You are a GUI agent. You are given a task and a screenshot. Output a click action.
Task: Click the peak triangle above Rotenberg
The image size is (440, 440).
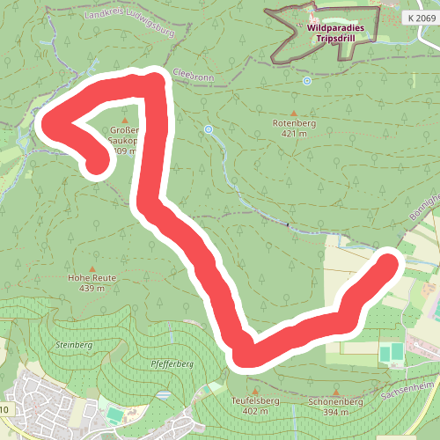[293, 114]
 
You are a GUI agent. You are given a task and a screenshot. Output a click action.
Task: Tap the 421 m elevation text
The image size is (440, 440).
[293, 135]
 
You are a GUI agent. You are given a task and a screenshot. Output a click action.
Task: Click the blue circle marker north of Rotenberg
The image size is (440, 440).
[307, 81]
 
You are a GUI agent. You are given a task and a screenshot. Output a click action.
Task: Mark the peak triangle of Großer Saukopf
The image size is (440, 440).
[124, 120]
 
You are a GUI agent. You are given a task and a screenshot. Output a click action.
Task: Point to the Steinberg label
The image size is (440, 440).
[73, 344]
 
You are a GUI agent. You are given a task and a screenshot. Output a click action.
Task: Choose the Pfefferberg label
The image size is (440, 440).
[172, 363]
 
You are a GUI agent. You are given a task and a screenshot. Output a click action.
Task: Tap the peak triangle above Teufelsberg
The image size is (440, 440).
[254, 390]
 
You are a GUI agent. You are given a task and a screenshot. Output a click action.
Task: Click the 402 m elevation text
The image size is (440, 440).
[254, 411]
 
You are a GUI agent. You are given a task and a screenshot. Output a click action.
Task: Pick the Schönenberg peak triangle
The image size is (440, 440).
[335, 390]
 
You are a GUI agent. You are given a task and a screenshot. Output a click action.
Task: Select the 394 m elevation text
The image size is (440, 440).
[335, 411]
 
